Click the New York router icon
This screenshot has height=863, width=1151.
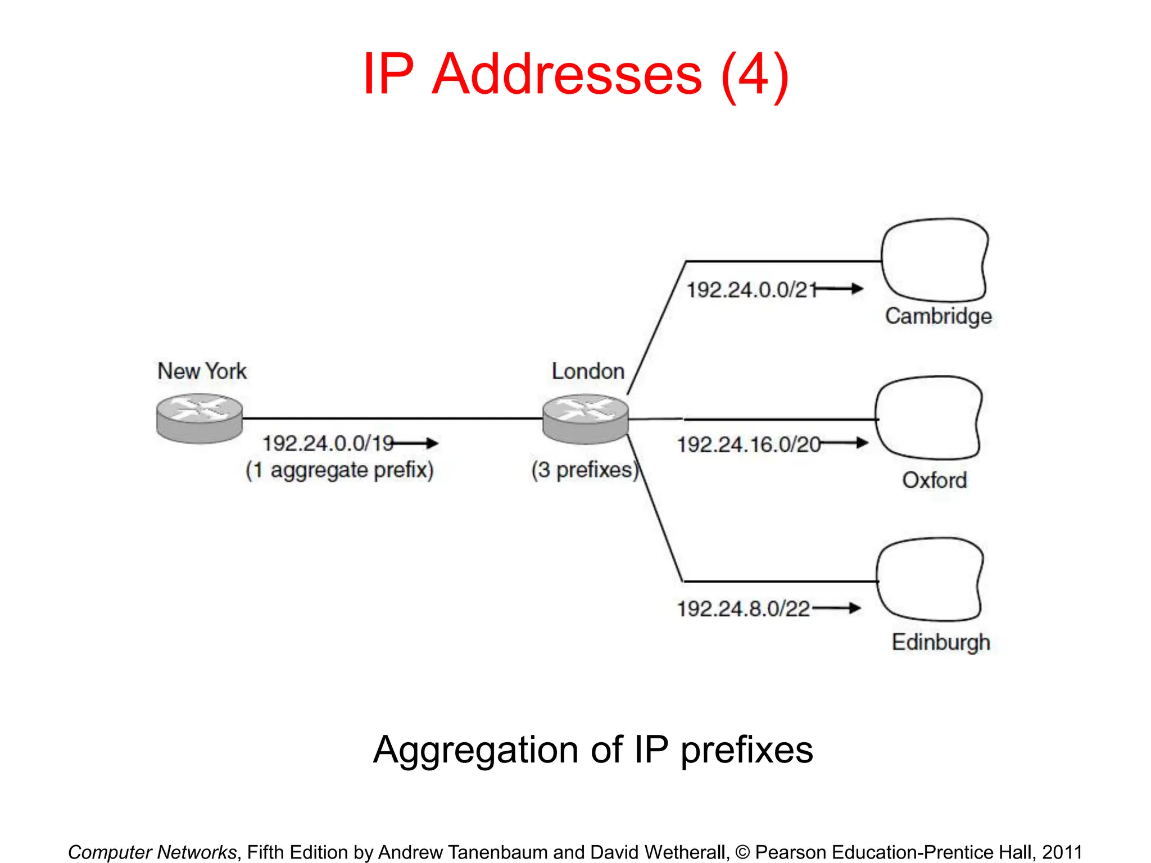click(x=200, y=418)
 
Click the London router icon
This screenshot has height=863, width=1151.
click(x=585, y=419)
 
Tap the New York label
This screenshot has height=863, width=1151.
click(x=202, y=371)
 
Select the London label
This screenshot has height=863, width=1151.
click(x=588, y=371)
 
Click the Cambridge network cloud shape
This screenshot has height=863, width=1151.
click(x=934, y=260)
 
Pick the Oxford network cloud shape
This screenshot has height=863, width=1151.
click(x=928, y=418)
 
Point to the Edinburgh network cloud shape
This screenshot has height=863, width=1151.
click(x=929, y=579)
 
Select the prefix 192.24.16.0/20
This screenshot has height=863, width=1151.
click(x=749, y=445)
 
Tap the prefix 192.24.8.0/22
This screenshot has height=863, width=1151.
click(x=743, y=609)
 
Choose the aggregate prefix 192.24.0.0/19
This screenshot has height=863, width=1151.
click(x=328, y=444)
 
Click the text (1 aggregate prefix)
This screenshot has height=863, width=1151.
click(x=339, y=470)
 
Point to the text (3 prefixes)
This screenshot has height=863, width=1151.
click(x=585, y=470)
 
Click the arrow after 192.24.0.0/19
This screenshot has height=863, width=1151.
click(x=416, y=443)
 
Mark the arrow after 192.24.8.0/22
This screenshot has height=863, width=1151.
click(x=837, y=608)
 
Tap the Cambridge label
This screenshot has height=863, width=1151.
click(x=938, y=316)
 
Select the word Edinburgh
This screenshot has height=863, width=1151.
click(x=940, y=642)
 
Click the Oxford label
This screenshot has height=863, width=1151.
click(x=934, y=480)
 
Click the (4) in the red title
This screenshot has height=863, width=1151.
click(x=755, y=75)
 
